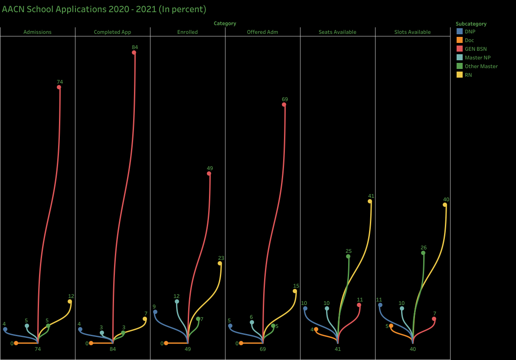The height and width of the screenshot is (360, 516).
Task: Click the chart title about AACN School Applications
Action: (x=104, y=9)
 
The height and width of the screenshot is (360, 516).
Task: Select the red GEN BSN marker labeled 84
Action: (x=134, y=52)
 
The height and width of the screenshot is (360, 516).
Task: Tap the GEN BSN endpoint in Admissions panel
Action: (x=59, y=87)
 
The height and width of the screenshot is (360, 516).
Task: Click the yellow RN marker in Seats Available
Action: (x=370, y=201)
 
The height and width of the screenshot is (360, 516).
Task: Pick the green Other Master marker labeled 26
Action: (x=423, y=253)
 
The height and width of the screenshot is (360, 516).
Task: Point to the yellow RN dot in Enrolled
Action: (x=220, y=263)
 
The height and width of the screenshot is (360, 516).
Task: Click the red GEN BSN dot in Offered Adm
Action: (x=284, y=105)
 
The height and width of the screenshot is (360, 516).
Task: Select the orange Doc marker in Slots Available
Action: (x=391, y=326)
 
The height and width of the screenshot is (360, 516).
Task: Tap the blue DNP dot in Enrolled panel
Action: (x=155, y=312)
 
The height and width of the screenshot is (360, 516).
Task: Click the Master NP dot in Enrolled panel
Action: (x=177, y=301)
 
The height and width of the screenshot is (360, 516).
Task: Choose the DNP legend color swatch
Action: (x=460, y=31)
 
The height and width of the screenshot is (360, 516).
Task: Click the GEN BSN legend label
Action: (x=476, y=49)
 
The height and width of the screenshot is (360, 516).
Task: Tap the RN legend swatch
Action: (x=460, y=75)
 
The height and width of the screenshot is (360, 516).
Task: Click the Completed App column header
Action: (x=112, y=32)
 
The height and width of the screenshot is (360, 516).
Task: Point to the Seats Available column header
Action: (x=337, y=32)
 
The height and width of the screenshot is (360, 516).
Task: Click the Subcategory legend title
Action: (x=471, y=24)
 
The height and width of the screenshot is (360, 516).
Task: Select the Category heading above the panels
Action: (x=225, y=23)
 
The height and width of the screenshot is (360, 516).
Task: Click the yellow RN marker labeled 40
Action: (x=445, y=205)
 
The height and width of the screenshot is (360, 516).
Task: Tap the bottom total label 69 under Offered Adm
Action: (x=263, y=349)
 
